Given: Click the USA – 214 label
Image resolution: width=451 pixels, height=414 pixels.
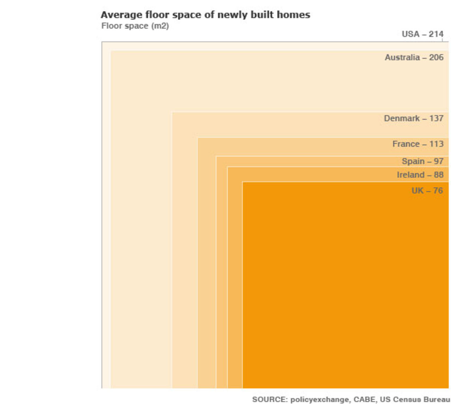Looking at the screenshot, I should coord(422,34).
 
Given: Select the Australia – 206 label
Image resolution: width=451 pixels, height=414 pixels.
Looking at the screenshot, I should coord(414,58).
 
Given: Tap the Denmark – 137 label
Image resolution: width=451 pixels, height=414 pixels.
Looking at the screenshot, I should coord(414,119).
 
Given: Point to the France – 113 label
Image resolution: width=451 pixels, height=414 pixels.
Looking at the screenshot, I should coord(418,144).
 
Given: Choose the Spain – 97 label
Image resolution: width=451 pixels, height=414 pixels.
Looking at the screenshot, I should coord(422,161).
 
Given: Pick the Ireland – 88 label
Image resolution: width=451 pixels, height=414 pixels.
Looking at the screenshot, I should coord(420,175).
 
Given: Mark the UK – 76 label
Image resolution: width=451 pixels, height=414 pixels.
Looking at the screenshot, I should coord(427,191).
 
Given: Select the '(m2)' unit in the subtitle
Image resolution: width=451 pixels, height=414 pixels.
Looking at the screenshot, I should coord(160,26).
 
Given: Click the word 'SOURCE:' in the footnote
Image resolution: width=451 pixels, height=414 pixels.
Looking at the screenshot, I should coord(270,400).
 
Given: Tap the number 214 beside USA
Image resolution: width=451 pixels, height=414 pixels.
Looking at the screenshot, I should coord(436,34).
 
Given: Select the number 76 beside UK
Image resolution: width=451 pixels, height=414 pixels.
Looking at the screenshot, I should coord(438,191).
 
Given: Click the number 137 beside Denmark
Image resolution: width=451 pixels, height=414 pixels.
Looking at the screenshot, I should coord(436,119).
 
